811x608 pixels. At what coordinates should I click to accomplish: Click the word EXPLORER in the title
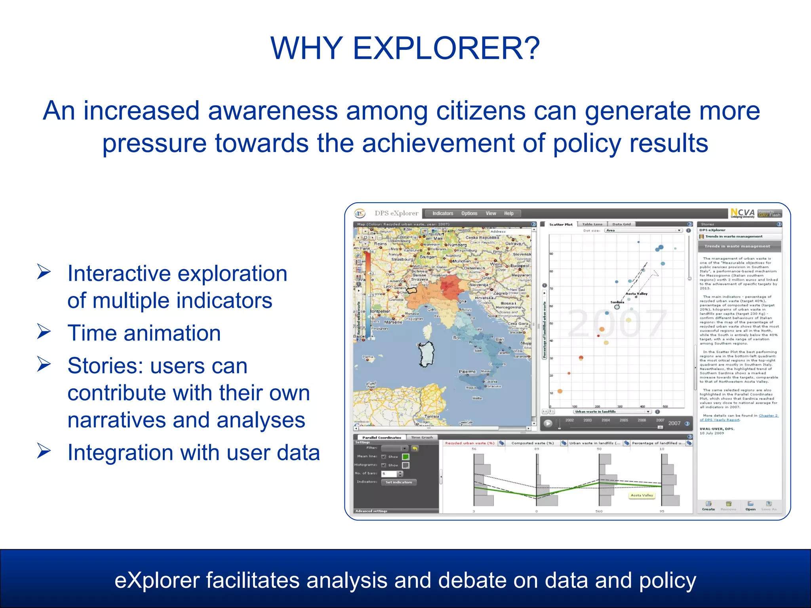tap(446, 48)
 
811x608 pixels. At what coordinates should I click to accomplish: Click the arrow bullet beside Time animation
tap(44, 331)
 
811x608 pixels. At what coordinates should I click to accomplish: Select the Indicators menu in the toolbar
tap(442, 213)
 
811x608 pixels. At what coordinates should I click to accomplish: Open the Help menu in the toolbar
tap(508, 213)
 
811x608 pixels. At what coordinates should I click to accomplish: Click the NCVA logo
tap(742, 213)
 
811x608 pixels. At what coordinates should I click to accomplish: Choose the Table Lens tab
tap(592, 224)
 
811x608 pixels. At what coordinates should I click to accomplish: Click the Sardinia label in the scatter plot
tap(617, 302)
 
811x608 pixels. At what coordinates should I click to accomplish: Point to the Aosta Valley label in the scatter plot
tap(636, 294)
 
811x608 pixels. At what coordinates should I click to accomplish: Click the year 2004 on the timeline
tap(605, 420)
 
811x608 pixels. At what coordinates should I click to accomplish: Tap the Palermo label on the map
tap(467, 372)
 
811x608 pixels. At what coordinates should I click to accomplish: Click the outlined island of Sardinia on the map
tap(427, 354)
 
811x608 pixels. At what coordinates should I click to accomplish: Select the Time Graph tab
tap(422, 437)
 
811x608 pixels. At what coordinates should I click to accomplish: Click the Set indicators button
tap(398, 482)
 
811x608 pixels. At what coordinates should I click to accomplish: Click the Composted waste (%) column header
tap(532, 443)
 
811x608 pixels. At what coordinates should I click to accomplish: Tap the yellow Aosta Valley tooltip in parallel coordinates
tap(642, 495)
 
